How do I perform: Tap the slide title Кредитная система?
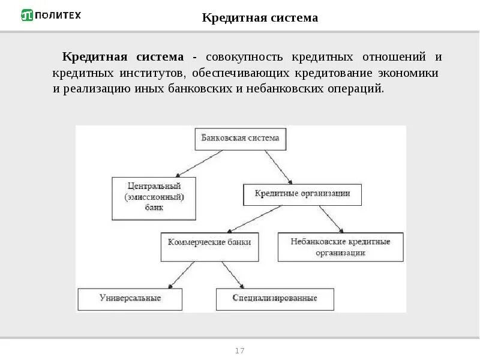[260, 18]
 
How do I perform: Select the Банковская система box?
[240, 139]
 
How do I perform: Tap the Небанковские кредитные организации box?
[340, 247]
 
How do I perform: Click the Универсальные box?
[130, 298]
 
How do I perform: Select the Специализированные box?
[275, 298]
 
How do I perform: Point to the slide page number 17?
[240, 350]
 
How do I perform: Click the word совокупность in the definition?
[244, 58]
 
